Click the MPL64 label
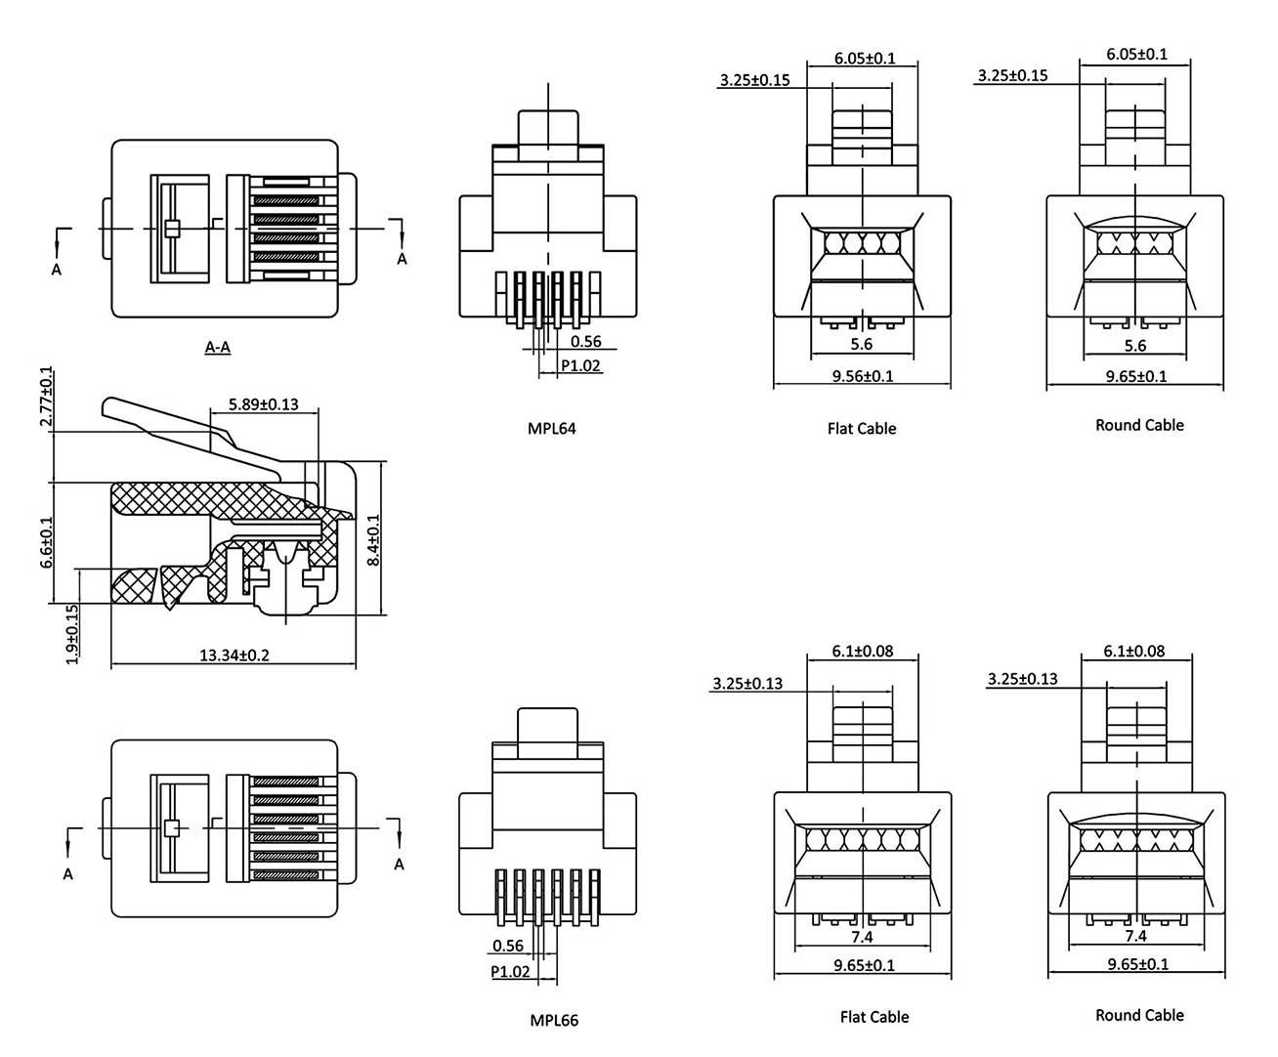(551, 428)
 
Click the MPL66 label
(554, 1021)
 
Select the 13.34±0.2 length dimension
(234, 655)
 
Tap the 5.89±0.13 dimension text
(263, 403)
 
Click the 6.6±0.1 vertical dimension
(46, 547)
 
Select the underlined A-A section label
(217, 347)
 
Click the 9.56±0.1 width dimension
(861, 376)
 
